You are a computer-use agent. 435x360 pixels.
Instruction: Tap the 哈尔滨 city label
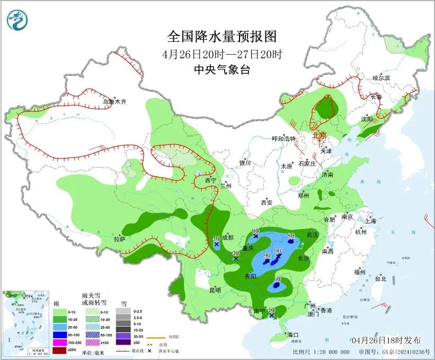(x=380, y=78)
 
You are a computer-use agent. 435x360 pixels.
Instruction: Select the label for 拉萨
(x=119, y=239)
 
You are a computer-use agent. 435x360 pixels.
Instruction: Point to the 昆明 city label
(x=215, y=290)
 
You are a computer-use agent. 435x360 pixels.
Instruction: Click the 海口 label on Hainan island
(x=293, y=335)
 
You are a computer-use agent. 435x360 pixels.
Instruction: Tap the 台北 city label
(x=380, y=278)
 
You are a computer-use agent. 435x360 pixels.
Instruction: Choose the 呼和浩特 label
(x=283, y=139)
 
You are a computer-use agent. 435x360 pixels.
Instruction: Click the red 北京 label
(x=320, y=135)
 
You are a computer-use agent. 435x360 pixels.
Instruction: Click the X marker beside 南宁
(x=272, y=315)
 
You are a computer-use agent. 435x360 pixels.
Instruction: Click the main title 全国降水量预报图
(x=222, y=36)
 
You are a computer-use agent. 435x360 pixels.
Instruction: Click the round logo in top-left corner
(x=16, y=20)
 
